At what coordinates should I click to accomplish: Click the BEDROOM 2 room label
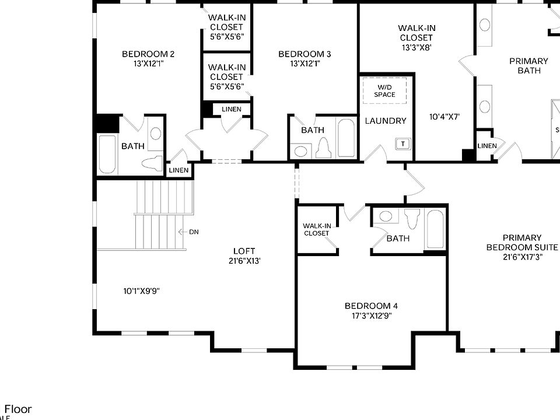click(148, 54)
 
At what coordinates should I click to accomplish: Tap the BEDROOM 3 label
click(304, 54)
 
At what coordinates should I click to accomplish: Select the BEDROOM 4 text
click(371, 306)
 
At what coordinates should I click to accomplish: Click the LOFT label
click(244, 251)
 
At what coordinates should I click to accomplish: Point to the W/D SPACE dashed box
click(384, 90)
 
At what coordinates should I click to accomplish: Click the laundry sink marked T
click(403, 143)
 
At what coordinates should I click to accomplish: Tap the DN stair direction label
click(194, 232)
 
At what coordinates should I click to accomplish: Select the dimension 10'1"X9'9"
click(141, 290)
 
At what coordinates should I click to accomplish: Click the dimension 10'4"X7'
click(444, 117)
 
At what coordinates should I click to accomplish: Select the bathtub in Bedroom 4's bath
click(435, 230)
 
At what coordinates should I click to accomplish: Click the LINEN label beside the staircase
click(179, 170)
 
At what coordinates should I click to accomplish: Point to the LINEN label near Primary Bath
click(487, 146)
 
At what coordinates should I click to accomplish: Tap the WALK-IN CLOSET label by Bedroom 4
click(316, 229)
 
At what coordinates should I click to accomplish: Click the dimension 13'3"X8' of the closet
click(416, 48)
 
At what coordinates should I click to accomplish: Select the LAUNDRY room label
click(386, 121)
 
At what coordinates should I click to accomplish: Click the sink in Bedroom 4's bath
click(386, 216)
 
